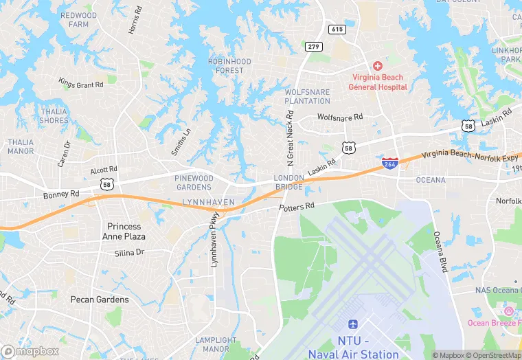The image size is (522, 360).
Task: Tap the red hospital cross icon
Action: coord(377,65)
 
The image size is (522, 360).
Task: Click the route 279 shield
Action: coord(313,46)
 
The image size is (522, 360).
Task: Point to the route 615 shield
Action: coord(337,29)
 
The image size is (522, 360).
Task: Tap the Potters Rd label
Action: coord(297,206)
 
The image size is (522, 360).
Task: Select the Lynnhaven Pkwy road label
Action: coord(214,243)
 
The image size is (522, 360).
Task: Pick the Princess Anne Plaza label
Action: coord(124,231)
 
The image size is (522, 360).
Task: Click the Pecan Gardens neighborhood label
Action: coord(100,300)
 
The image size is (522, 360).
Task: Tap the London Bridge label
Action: coord(289,182)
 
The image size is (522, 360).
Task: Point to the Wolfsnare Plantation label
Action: coord(307,96)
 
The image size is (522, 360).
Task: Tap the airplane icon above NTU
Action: coord(353,324)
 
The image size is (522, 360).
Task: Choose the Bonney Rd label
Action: coord(62,195)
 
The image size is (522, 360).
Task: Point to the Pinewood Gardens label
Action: coord(194,182)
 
